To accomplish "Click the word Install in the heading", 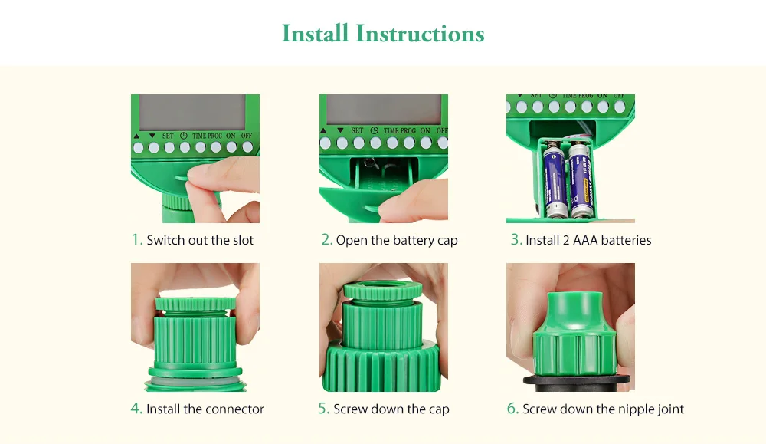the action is [315, 34].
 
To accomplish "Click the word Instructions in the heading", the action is [420, 34].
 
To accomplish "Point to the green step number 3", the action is [516, 239].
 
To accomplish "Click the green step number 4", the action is [136, 408].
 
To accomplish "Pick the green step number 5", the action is [323, 408].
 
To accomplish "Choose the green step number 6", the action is [512, 408].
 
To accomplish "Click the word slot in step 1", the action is [243, 240].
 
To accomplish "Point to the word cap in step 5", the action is [439, 409].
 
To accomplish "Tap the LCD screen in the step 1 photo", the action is [192, 113].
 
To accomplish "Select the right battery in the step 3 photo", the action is [581, 180].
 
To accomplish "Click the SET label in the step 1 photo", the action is [168, 136].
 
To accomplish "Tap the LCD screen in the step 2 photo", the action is [384, 110].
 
